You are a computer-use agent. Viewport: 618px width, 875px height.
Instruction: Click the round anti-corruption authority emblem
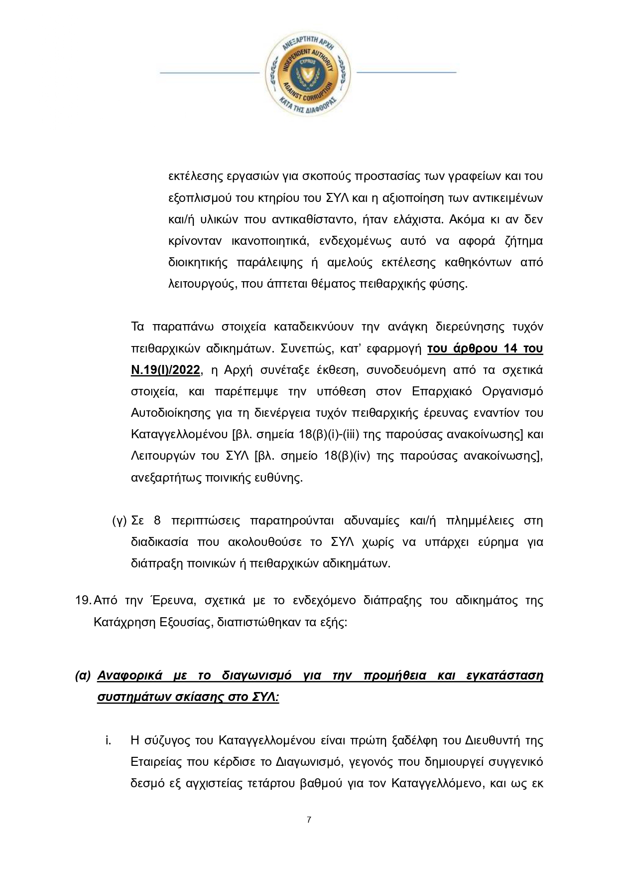coord(309,73)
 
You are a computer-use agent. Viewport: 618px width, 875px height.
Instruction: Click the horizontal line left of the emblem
coord(209,73)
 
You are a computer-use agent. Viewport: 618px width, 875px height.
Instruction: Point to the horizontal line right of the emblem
coord(406,72)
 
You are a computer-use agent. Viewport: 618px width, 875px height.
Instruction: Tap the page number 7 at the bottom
coord(309,820)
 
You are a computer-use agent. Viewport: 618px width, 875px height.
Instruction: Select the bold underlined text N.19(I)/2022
coord(165,370)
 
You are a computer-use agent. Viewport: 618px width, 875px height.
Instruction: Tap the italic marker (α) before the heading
coord(83,676)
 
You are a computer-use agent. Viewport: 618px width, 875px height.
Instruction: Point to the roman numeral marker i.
coord(108,740)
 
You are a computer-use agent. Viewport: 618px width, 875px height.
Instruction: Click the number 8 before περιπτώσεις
coord(157,521)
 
